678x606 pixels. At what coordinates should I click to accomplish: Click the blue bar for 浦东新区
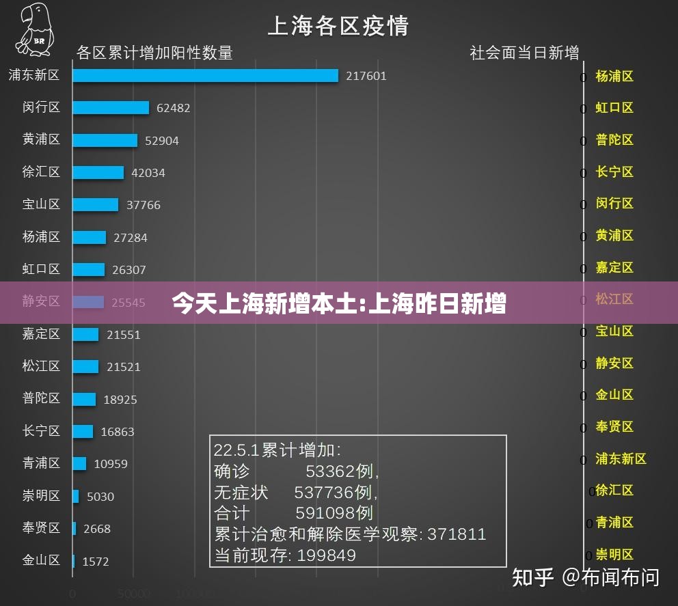pyautogui.click(x=205, y=75)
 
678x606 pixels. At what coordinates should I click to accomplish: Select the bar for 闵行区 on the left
pyautogui.click(x=111, y=107)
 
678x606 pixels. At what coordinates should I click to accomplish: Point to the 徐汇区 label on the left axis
pyautogui.click(x=41, y=171)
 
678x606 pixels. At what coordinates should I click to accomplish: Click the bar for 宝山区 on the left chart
pyautogui.click(x=95, y=204)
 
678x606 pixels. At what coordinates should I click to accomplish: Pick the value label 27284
pyautogui.click(x=130, y=238)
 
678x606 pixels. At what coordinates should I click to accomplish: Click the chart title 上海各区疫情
pyautogui.click(x=338, y=26)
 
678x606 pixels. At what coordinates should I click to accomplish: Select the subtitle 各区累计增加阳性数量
pyautogui.click(x=154, y=53)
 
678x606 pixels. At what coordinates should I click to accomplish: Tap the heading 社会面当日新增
pyautogui.click(x=524, y=53)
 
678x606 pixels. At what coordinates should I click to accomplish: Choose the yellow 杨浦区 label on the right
pyautogui.click(x=614, y=76)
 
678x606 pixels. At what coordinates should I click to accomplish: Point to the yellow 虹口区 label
pyautogui.click(x=614, y=107)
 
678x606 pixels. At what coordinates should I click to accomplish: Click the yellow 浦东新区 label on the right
pyautogui.click(x=621, y=458)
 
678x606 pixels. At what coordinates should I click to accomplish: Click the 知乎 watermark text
pyautogui.click(x=532, y=577)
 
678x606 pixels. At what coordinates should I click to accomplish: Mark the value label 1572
pyautogui.click(x=96, y=562)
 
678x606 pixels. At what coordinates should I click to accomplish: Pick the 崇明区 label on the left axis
pyautogui.click(x=41, y=495)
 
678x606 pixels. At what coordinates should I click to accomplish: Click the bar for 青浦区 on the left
pyautogui.click(x=79, y=463)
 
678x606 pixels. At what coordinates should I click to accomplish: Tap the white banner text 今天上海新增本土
pyautogui.click(x=267, y=303)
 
